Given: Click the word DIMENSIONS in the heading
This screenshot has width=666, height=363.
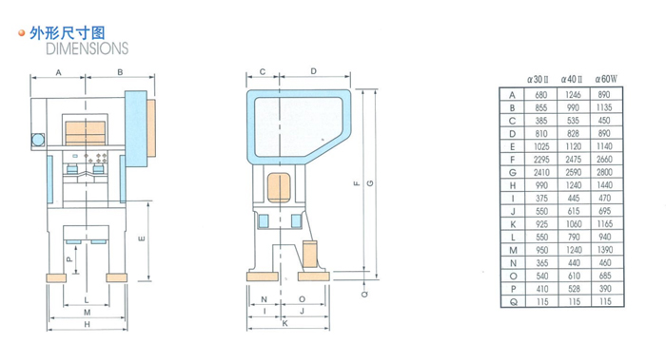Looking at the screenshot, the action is [88, 48].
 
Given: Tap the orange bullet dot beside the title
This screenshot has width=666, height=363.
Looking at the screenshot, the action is [22, 33].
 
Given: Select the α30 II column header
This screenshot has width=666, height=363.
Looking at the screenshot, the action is [538, 79].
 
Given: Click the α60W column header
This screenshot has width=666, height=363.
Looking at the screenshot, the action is [606, 79].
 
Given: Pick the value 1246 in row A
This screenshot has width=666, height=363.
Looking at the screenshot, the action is [573, 95].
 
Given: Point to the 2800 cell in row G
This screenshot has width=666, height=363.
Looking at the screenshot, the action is [604, 172].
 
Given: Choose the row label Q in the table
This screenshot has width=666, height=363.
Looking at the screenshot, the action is [513, 302].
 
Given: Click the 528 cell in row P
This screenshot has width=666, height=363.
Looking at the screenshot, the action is [574, 289].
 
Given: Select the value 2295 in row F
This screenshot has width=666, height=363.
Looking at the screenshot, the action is [541, 160].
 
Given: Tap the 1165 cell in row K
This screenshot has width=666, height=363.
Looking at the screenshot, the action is [605, 224].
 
